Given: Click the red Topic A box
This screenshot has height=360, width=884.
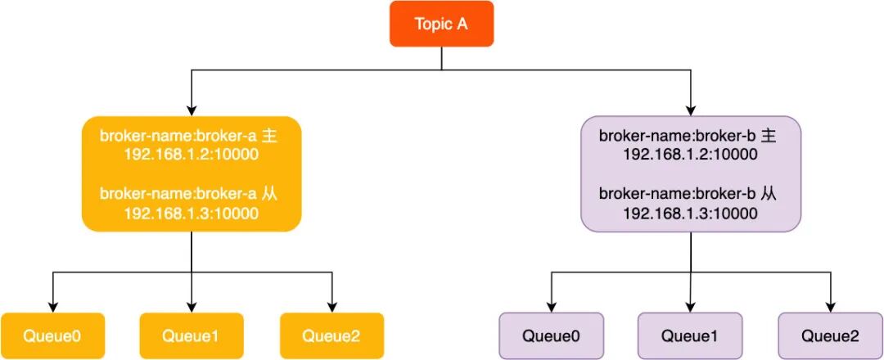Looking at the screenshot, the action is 441,24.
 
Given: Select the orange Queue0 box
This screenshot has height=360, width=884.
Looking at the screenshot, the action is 52,336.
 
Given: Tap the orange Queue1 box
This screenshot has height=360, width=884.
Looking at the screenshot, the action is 192,336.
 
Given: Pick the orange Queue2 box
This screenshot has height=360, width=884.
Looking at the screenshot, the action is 331,336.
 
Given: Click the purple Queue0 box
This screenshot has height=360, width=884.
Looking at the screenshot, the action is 552,336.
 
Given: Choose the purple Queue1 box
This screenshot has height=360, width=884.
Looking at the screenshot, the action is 690,336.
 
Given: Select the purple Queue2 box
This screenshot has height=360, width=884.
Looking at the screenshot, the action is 831,336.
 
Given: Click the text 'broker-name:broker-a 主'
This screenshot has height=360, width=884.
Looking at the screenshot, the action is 188,137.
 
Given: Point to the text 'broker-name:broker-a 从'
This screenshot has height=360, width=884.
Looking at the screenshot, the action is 188,195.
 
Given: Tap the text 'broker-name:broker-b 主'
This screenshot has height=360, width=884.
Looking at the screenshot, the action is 688,137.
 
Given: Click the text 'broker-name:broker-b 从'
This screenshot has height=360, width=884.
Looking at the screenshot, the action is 688,195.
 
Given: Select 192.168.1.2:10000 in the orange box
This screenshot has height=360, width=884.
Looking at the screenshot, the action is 191,155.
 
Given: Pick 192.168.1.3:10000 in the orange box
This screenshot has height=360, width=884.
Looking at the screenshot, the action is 191,214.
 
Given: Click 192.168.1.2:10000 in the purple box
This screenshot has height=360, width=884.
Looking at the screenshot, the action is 690,155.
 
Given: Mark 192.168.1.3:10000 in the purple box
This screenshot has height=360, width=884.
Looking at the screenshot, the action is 690,214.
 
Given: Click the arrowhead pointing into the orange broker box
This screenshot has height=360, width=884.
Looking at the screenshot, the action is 192,110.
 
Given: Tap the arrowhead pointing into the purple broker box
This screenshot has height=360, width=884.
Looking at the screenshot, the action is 691,110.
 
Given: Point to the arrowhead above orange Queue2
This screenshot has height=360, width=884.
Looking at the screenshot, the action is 331,307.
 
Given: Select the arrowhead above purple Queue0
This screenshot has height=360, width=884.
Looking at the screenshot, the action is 552,307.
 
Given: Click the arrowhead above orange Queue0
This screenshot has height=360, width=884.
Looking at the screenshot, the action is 52,307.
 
